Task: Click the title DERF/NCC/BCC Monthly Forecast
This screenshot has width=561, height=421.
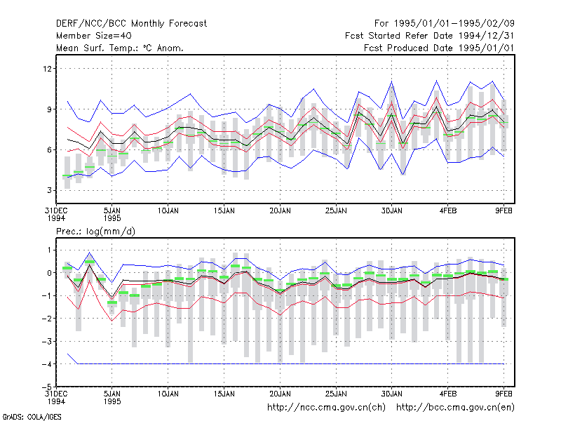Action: click(x=131, y=24)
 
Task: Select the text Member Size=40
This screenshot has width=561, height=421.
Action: click(x=94, y=36)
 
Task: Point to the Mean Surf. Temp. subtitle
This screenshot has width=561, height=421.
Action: click(x=119, y=48)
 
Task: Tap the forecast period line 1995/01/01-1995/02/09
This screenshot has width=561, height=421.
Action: click(x=445, y=24)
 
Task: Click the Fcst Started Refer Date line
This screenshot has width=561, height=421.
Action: click(x=430, y=36)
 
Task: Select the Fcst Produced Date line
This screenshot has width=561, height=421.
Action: click(x=439, y=48)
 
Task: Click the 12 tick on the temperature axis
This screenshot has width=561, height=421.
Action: click(x=47, y=68)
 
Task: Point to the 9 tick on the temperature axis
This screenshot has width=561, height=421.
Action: click(x=49, y=109)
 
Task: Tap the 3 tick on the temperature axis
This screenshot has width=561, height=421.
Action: click(x=49, y=190)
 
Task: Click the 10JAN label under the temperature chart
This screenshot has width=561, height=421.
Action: click(x=168, y=211)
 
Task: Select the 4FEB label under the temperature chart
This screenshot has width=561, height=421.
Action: click(x=448, y=211)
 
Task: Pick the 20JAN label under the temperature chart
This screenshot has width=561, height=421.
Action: click(x=280, y=211)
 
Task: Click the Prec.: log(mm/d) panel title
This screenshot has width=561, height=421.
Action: click(x=95, y=232)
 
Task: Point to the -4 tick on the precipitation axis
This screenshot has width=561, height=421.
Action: click(x=47, y=364)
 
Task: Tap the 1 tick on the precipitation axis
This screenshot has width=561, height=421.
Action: click(x=49, y=250)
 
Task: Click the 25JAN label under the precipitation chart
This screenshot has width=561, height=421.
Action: click(x=336, y=394)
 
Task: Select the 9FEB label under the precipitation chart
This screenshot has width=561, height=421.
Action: click(x=503, y=394)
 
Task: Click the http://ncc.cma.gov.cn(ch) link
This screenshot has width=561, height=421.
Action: click(x=326, y=408)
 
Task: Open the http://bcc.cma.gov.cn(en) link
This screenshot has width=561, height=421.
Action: click(x=455, y=408)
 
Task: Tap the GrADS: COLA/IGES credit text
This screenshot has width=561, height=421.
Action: click(x=32, y=417)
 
